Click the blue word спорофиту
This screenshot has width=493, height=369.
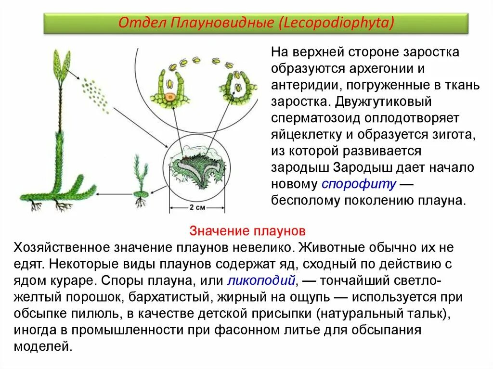(x=359, y=184)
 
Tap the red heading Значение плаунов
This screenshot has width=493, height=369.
(x=248, y=231)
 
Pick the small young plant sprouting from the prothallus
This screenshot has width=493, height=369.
(x=141, y=180)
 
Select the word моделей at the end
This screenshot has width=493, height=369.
(x=43, y=346)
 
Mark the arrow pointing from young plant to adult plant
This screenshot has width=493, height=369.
(x=114, y=194)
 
